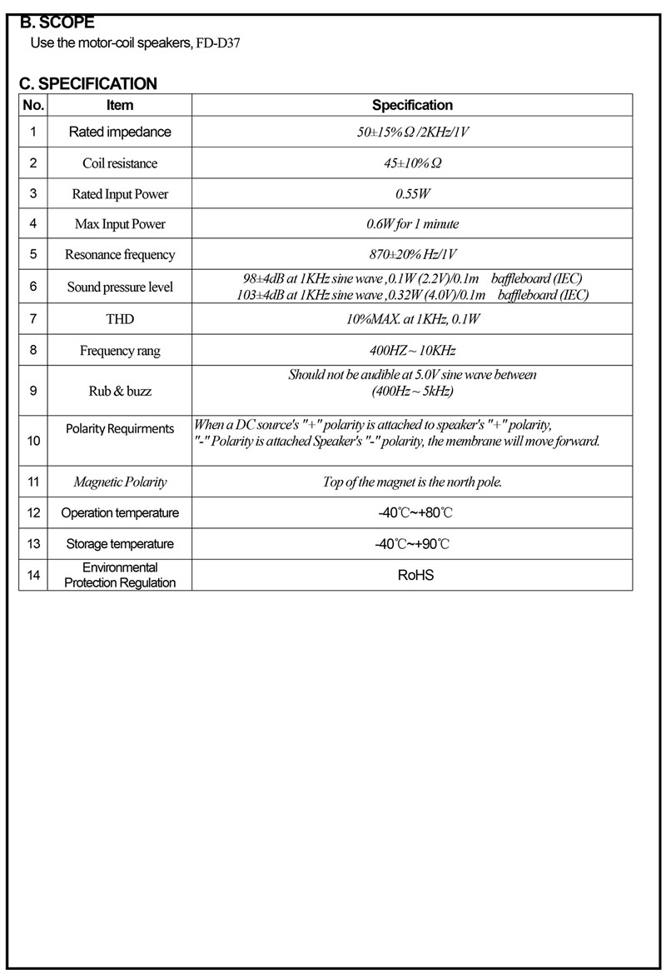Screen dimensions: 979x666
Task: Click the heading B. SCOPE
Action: click(57, 22)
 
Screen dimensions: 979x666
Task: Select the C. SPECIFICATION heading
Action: click(87, 83)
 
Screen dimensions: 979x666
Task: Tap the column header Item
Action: click(120, 105)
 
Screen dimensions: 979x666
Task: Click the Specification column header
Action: click(412, 105)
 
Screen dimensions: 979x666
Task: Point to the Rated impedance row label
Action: click(120, 132)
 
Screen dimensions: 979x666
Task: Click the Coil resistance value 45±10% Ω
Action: click(412, 163)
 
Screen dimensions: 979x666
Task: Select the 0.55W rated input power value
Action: click(412, 194)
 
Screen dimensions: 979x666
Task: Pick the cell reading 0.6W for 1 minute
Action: click(412, 224)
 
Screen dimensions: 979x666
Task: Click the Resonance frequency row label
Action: click(120, 255)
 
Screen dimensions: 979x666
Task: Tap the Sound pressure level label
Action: click(120, 287)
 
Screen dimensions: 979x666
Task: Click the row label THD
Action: click(120, 319)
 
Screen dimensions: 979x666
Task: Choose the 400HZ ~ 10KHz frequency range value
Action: click(412, 350)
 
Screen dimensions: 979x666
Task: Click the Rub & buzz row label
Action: click(120, 390)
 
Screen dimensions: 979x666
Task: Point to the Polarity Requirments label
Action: click(120, 428)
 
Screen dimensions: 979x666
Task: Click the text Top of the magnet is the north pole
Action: click(412, 482)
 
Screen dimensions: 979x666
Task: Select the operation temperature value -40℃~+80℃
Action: click(412, 512)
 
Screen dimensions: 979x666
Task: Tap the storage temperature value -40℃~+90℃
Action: click(412, 544)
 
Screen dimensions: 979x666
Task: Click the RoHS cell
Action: click(412, 575)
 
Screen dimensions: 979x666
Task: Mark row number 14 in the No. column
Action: click(33, 575)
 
